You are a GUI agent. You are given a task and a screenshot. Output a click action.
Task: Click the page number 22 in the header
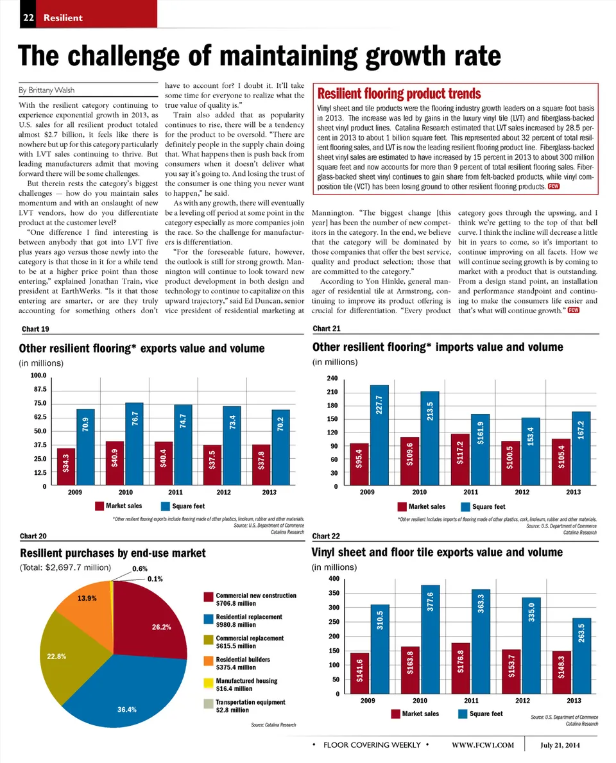click(x=28, y=17)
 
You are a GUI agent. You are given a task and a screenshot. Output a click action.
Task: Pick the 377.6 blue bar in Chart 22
click(x=431, y=639)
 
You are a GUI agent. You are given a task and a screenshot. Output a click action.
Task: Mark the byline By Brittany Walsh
click(x=47, y=90)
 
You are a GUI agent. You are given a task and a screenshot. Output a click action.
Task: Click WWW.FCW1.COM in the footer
click(x=483, y=744)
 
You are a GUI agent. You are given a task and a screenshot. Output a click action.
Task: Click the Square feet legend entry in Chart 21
click(x=486, y=507)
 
